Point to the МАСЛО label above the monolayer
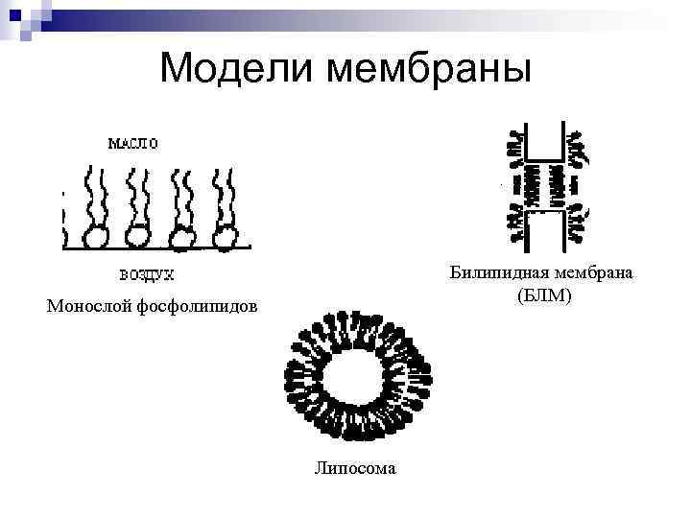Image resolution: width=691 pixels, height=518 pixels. point(133,143)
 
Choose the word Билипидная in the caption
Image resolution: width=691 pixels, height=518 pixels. point(498,273)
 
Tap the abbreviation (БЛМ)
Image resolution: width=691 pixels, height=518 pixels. point(543,295)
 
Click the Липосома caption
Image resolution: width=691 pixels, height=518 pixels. point(354,467)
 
